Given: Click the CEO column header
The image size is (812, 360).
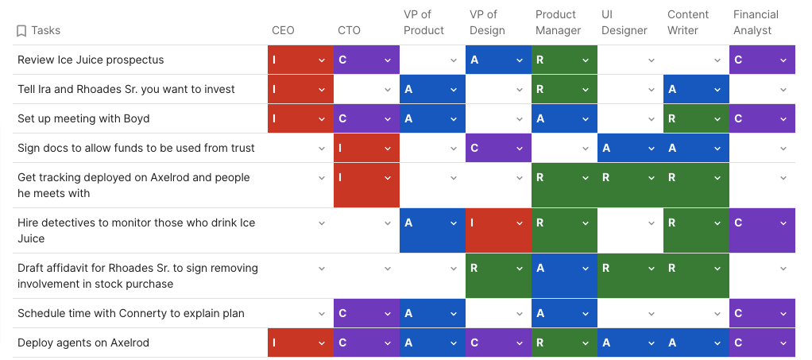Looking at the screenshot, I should (283, 30).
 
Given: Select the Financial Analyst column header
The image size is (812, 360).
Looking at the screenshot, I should (756, 22).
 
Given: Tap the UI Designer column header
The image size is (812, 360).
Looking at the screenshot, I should (624, 22).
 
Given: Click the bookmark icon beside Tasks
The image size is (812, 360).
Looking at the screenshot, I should (21, 31).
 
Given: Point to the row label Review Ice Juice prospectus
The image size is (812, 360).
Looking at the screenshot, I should (91, 60).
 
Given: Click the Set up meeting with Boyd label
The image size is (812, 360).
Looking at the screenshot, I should (83, 118).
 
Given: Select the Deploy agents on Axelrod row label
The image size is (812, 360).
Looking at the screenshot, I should (83, 343).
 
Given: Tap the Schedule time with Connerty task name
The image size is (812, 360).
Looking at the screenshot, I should (131, 313).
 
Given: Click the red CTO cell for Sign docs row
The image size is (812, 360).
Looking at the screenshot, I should (365, 148).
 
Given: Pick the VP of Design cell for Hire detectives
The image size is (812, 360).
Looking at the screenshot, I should (497, 230).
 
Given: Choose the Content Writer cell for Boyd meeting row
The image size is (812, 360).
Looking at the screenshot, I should (695, 118).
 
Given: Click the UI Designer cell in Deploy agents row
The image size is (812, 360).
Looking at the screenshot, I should (629, 343).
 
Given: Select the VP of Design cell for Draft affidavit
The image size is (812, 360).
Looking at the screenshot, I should (497, 276).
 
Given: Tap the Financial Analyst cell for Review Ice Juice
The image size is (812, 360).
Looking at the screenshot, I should (761, 60).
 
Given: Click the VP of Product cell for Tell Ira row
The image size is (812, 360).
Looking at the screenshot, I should (431, 89).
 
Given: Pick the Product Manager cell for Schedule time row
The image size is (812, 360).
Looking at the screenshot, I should (563, 313).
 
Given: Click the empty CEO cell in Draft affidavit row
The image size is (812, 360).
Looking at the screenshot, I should (300, 276).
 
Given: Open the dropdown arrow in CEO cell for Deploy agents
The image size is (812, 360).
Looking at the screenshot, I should (322, 343).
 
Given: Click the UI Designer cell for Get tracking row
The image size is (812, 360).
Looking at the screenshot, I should (629, 185).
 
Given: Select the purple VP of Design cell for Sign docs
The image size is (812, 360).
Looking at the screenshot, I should (497, 148).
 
